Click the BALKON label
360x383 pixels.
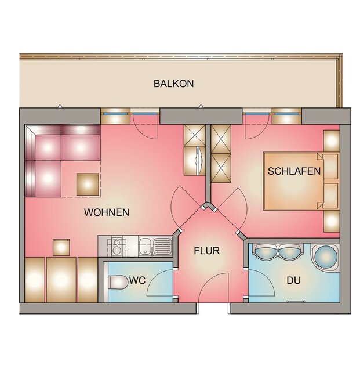173,84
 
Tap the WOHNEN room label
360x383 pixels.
107,212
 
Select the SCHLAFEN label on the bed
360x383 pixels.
294,171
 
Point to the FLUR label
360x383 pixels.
207,251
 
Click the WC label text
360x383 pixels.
137,280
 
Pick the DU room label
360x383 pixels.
293,280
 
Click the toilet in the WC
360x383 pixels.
119,282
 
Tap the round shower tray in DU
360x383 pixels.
326,257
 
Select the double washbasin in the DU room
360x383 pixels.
278,252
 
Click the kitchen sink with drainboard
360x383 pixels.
155,247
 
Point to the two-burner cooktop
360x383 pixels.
117,247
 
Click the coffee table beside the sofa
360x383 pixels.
88,185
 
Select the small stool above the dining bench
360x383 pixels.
61,247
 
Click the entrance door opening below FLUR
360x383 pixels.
213,308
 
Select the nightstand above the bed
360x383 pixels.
332,140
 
